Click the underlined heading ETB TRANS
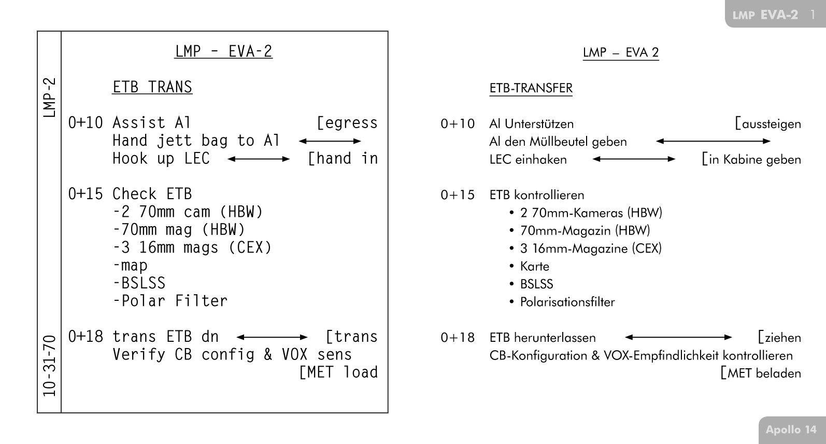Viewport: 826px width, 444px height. point(152,87)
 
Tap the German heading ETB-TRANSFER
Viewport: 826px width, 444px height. point(531,88)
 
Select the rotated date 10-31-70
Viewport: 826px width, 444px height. point(49,365)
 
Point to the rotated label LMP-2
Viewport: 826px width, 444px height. point(49,98)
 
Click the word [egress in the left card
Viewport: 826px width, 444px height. point(347,123)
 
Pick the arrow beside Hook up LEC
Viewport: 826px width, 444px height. point(259,159)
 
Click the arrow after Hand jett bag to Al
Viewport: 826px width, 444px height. point(330,141)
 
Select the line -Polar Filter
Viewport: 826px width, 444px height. point(170,301)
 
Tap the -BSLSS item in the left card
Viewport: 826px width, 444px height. point(139,283)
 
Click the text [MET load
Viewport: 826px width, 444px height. point(338,372)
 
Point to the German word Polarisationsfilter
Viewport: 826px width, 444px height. point(567,302)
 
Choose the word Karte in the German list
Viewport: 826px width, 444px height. point(534,266)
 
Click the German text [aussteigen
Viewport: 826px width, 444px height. point(767,124)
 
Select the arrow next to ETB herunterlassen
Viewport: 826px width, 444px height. point(678,337)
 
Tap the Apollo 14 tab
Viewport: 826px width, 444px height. point(791,429)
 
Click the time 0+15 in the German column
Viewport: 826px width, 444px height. point(458,195)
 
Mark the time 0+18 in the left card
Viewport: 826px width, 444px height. point(86,337)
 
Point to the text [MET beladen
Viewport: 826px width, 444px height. point(760,373)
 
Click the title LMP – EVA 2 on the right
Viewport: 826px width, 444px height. point(620,52)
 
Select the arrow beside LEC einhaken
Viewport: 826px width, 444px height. point(634,159)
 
